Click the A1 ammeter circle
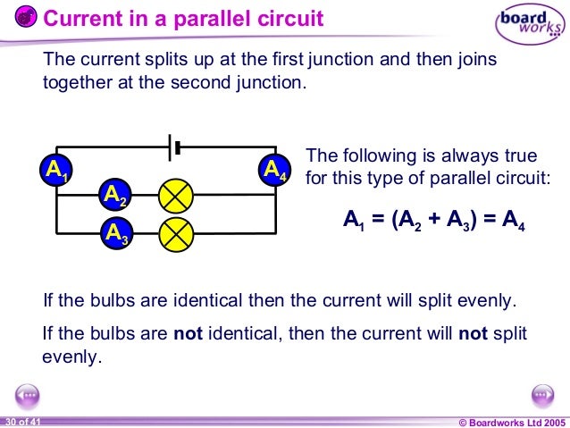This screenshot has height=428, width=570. coord(56,170)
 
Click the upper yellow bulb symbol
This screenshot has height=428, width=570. coord(175,195)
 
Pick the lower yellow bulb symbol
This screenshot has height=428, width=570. coord(175,233)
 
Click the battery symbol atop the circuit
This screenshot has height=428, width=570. coord(176,146)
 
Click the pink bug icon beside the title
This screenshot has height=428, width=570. coord(27,17)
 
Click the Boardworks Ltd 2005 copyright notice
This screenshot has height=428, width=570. coord(511,421)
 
